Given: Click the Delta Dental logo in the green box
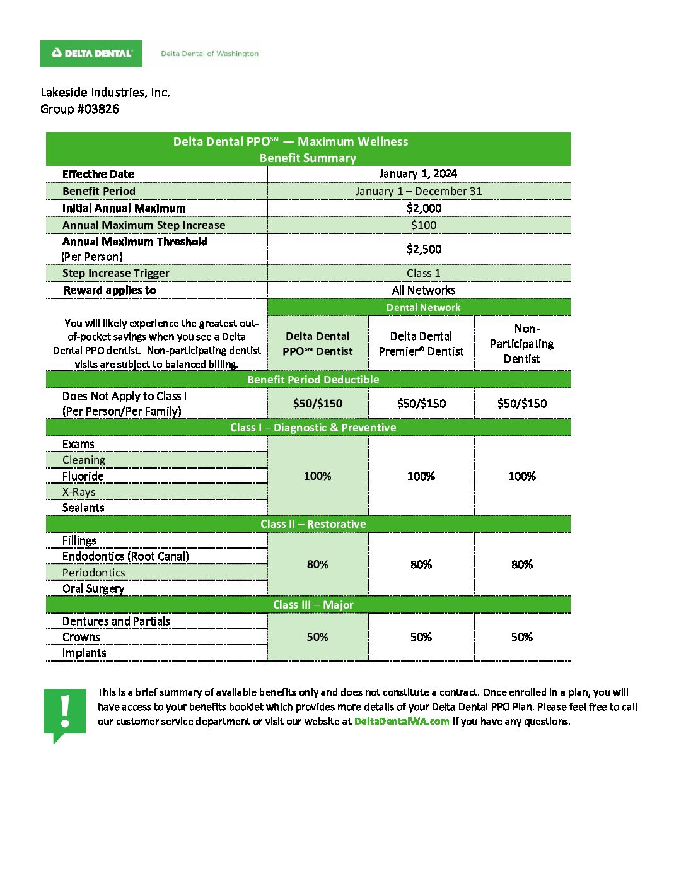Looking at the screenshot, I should coord(91,54).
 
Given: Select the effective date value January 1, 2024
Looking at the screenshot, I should coord(418,173).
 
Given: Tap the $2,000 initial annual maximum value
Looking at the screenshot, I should coord(424,208).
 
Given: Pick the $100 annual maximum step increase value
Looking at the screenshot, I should coord(424,225).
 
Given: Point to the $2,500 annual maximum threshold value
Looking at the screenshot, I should coord(424,249).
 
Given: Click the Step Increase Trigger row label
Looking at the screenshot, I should coord(115,273).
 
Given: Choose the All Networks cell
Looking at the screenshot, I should coord(424,290).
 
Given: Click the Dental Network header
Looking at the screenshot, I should coord(423,307).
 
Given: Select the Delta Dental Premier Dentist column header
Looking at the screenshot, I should coord(421,344).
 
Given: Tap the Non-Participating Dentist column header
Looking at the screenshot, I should coord(522,344).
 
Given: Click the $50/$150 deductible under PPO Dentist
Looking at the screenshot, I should coord(317,404).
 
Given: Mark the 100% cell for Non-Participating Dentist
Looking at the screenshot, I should coord(522,476).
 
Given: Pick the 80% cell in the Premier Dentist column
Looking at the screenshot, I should coord(421,564).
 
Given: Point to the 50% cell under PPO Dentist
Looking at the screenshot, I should coord(317,637).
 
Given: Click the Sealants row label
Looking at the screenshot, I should coord(83,508).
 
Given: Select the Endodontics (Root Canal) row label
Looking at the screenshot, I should coord(125,556).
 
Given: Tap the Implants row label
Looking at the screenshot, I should coord(84,653).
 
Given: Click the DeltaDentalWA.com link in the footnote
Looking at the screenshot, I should coord(402,722).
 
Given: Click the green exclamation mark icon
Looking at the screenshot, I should coord(65,713).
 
